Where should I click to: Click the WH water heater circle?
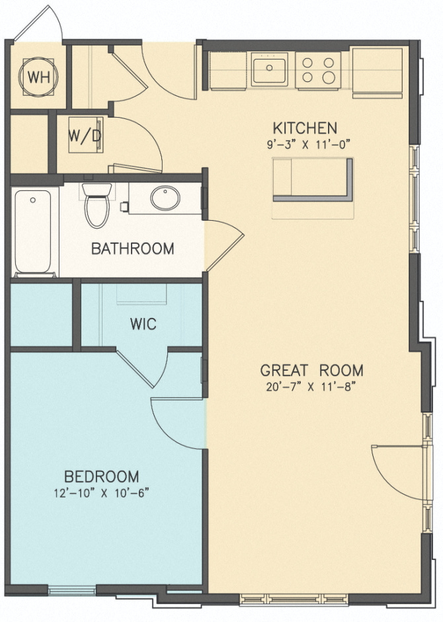(38, 77)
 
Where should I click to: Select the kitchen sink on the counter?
(269, 69)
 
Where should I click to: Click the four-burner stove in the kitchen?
(318, 69)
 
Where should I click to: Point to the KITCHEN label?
(305, 128)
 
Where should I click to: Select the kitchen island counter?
(313, 179)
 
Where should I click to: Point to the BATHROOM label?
(132, 249)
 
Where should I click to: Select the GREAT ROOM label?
(311, 370)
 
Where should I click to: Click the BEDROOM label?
(101, 476)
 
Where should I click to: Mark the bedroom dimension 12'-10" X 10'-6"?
(101, 493)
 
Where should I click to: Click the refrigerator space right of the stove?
(377, 71)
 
